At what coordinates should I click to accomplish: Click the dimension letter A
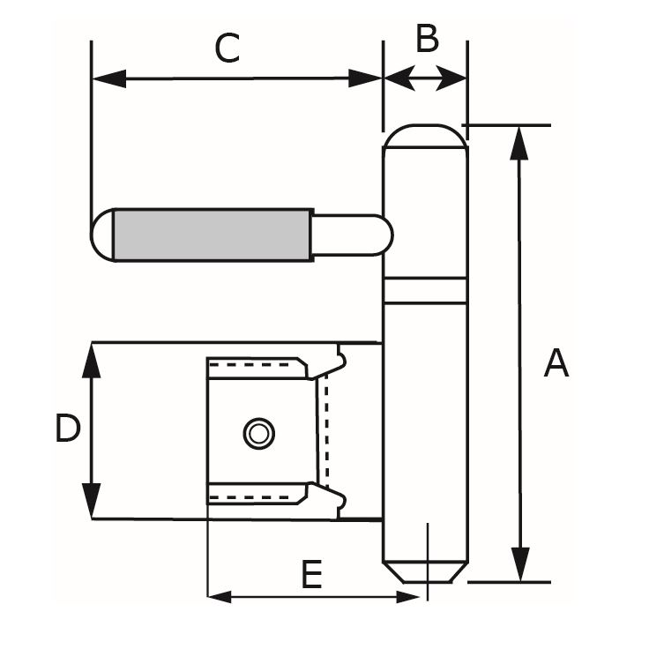[556, 362]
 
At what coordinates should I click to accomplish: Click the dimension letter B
[427, 40]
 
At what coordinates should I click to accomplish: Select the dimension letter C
[227, 48]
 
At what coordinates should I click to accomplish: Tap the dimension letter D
[68, 430]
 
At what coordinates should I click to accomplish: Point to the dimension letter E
[310, 576]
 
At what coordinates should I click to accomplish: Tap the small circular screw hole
[258, 433]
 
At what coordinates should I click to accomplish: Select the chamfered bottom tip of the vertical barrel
[424, 571]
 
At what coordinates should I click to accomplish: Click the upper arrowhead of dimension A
[520, 141]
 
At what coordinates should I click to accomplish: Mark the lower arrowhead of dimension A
[520, 566]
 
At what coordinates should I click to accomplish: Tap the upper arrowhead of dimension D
[92, 358]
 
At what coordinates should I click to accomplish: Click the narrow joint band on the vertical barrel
[424, 290]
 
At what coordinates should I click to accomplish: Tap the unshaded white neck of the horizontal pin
[349, 235]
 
